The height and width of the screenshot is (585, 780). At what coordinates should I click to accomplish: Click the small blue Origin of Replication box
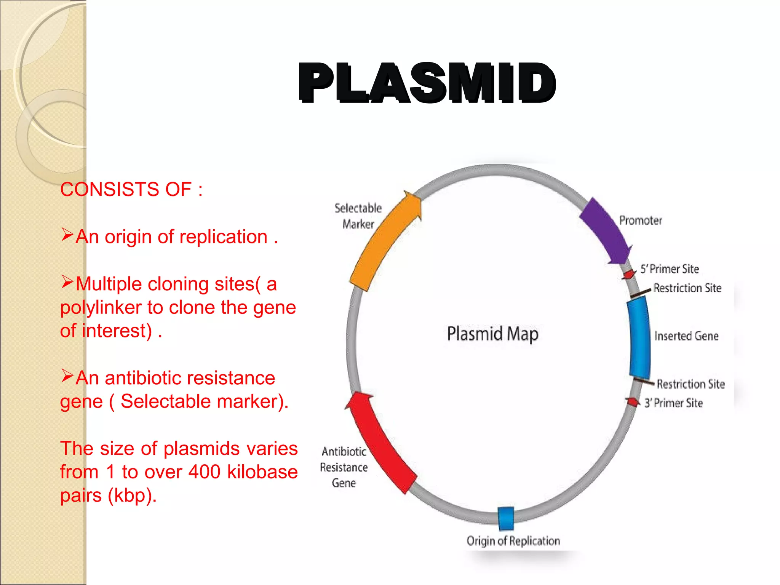[506, 518]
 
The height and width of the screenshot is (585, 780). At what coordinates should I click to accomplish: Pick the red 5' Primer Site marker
[629, 274]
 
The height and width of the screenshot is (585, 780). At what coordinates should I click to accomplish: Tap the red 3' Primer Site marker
[633, 402]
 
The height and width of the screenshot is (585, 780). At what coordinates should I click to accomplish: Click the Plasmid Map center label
[492, 334]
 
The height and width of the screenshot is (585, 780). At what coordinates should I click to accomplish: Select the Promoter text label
[641, 220]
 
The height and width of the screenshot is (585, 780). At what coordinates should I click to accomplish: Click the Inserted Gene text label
[686, 336]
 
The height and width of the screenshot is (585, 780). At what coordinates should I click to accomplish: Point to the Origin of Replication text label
[513, 541]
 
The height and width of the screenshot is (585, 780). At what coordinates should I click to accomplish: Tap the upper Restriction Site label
[687, 288]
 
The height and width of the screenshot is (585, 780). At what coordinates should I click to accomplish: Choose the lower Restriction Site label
[690, 384]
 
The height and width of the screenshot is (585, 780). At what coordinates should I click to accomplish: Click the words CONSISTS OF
[126, 189]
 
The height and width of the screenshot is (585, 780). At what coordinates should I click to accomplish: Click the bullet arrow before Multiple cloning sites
[67, 282]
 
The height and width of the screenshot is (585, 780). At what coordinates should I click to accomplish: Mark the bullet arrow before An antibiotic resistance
[67, 376]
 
